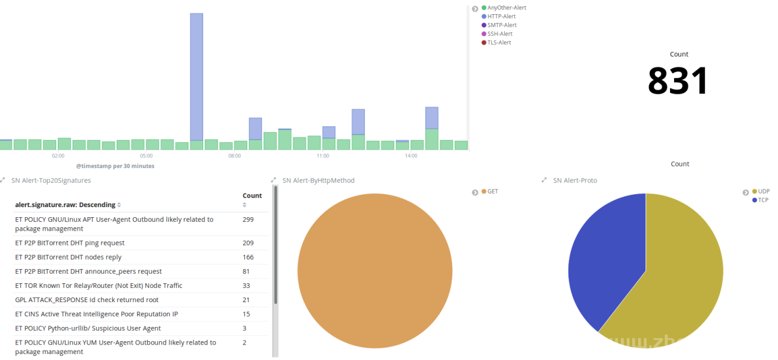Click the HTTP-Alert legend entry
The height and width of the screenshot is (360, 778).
501,17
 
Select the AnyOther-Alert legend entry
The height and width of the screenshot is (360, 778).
506,8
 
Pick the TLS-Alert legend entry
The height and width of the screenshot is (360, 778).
499,42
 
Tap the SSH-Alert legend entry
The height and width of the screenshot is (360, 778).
499,34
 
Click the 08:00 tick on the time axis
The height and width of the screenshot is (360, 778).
234,156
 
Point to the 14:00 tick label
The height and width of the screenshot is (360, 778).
411,156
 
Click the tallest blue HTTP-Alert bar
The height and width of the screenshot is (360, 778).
197,77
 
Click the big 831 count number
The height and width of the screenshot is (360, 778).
678,81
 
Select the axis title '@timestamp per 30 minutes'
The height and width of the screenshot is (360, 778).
115,166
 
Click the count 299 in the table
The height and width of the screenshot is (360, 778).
248,220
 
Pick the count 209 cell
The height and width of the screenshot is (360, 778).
248,243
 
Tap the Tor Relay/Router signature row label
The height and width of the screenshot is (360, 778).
99,286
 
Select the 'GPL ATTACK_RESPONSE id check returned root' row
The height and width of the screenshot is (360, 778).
87,300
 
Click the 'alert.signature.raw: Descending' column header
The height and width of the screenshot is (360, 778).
65,205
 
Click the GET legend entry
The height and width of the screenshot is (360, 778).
492,191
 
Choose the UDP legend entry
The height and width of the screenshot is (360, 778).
763,191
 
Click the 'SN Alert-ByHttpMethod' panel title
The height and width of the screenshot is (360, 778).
318,181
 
